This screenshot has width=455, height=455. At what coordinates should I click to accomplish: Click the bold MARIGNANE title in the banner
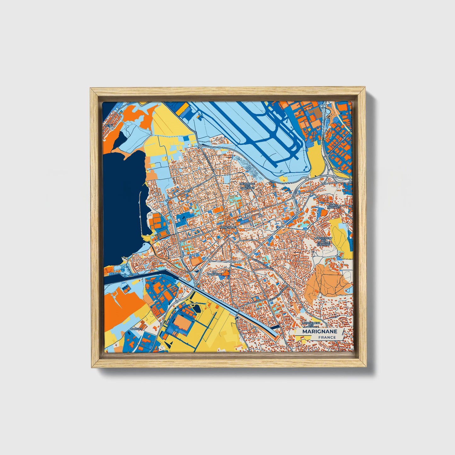point(320,332)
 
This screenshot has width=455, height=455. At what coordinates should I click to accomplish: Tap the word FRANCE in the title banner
point(327,337)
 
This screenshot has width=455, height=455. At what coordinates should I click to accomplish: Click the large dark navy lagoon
point(123,202)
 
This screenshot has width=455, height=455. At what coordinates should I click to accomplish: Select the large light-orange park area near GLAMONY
point(327,280)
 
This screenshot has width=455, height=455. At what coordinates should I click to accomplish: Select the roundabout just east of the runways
point(307,179)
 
